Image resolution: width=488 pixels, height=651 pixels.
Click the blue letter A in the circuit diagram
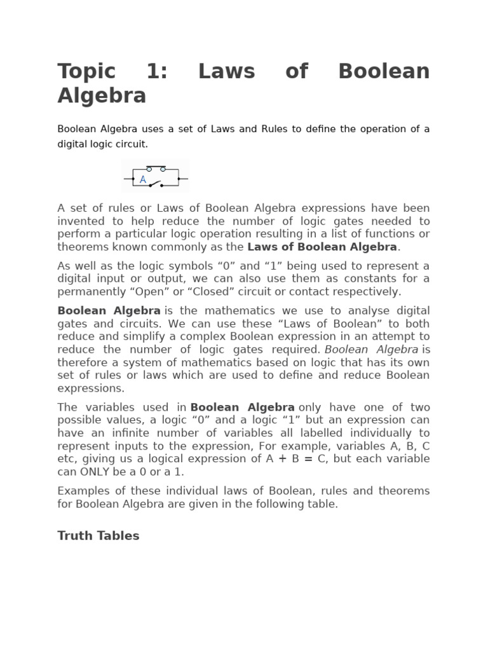tap(143, 180)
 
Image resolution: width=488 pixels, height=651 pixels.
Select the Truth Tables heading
tap(98, 535)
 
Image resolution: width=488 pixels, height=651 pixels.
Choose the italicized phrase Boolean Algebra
tap(372, 349)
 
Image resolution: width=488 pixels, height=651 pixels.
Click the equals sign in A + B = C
tap(308, 458)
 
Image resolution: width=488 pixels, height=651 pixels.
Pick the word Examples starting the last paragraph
tap(85, 491)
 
